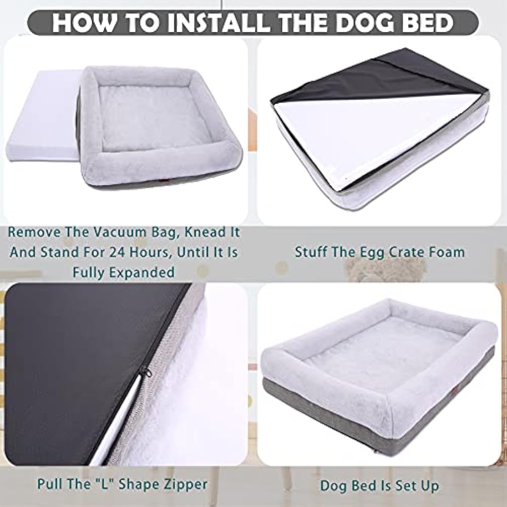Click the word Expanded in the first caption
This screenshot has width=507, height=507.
pyautogui.click(x=143, y=272)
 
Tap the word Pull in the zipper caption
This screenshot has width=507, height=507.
pyautogui.click(x=53, y=484)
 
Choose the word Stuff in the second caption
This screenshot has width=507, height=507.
pyautogui.click(x=311, y=252)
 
